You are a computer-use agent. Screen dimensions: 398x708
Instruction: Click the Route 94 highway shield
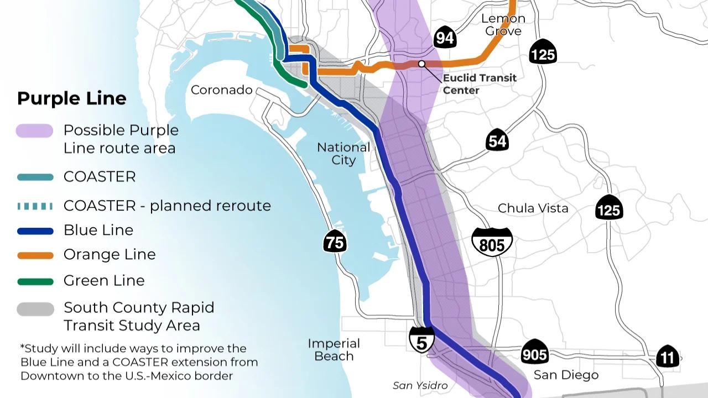[x=445, y=37]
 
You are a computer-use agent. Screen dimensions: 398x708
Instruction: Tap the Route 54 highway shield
[x=497, y=141]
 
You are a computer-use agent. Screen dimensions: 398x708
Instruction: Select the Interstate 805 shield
[x=492, y=242]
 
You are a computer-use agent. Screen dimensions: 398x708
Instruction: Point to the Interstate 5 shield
[x=421, y=340]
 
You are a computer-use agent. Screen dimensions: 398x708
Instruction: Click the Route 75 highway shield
[x=335, y=242]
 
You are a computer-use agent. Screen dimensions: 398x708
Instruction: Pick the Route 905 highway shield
[x=534, y=353]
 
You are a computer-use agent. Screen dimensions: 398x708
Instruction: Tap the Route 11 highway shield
[x=667, y=357]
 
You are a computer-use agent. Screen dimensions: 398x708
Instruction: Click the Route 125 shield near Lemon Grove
[x=543, y=53]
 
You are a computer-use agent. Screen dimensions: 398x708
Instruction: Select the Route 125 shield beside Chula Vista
[x=609, y=208]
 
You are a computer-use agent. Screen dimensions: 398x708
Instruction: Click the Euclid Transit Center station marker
[x=421, y=64]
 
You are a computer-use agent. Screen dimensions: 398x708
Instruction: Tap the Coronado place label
[x=221, y=90]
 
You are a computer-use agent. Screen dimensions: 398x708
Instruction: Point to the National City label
[x=343, y=154]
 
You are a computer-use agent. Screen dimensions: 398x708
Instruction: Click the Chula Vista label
[x=533, y=208]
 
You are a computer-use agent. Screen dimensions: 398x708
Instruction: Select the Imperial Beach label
[x=334, y=349]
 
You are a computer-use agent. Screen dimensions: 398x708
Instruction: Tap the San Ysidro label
[x=420, y=385]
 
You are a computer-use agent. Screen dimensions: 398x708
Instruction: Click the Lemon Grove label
[x=503, y=24]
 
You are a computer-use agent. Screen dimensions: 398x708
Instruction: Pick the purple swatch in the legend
[x=35, y=130]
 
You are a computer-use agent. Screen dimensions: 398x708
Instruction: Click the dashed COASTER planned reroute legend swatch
[x=35, y=206]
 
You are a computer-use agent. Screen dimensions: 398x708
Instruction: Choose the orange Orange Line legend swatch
[x=35, y=255]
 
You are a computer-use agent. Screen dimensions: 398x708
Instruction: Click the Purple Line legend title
[x=72, y=98]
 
